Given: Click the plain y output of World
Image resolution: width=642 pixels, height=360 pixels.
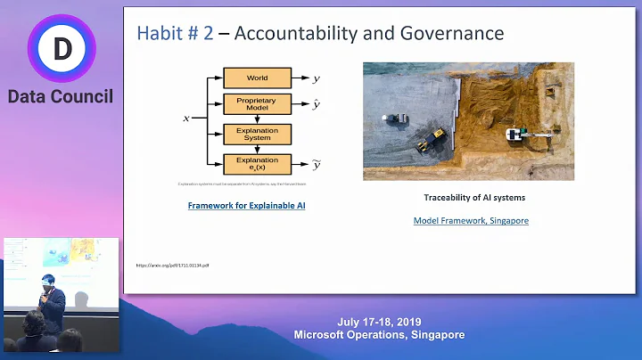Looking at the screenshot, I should [x=317, y=78].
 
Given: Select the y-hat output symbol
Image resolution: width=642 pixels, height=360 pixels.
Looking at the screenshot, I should [x=317, y=104].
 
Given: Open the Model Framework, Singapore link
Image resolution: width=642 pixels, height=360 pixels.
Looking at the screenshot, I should [x=471, y=220].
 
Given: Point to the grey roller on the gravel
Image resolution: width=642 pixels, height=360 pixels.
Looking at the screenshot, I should [x=391, y=119].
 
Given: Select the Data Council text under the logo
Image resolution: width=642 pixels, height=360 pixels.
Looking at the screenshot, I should [x=61, y=96].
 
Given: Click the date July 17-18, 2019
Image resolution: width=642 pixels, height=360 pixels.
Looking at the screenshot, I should [x=379, y=322].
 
